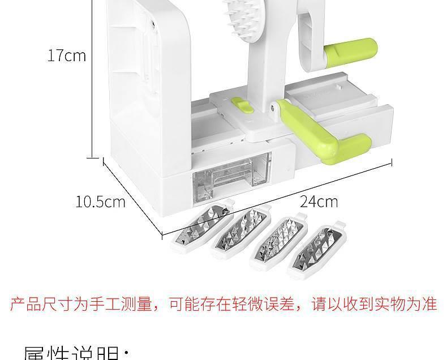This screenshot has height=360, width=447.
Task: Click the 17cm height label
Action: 67,55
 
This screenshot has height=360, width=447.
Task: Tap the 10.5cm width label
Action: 100,202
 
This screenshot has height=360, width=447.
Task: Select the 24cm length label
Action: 319,201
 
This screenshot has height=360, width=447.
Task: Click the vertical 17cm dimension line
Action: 92,79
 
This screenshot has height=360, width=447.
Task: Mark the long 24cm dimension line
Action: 277,199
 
